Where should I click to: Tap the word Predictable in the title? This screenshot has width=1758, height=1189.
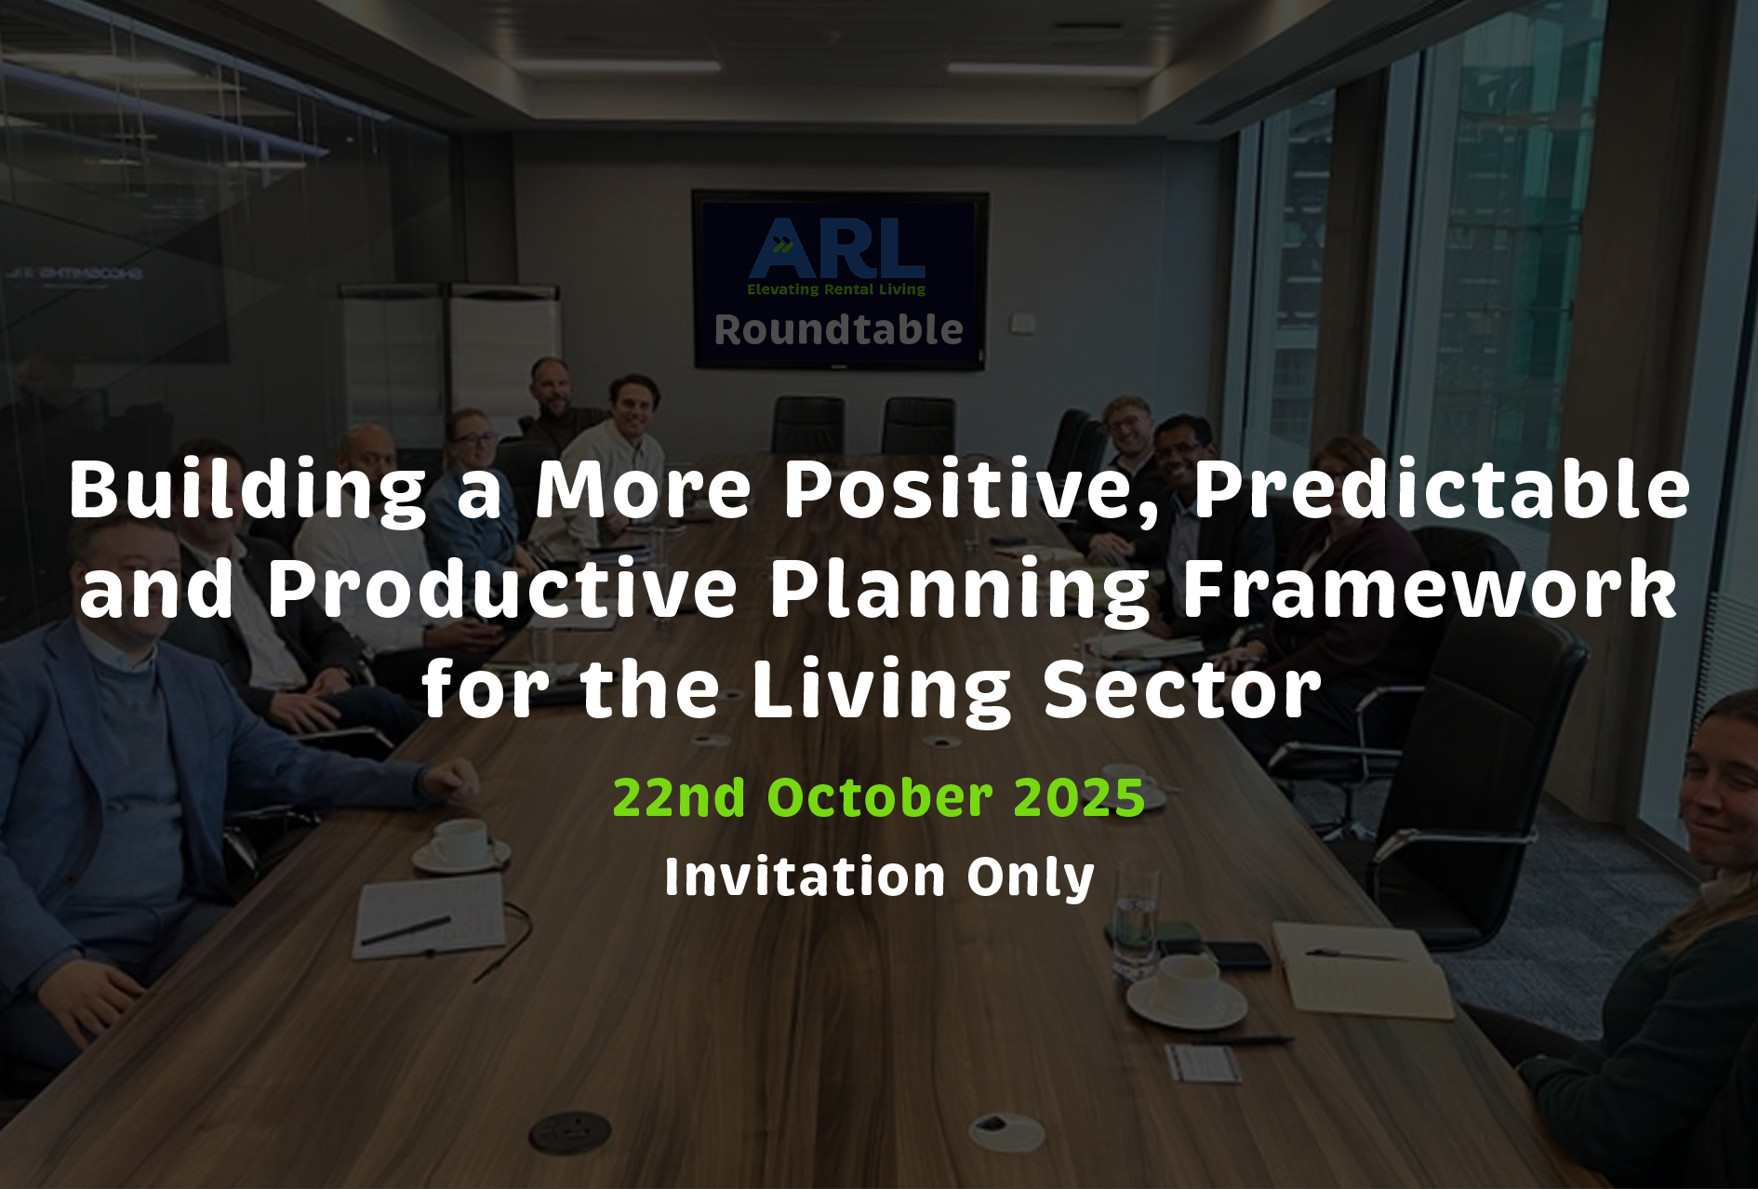pos(1442,488)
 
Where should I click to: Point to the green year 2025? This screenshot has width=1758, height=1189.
pos(1079,797)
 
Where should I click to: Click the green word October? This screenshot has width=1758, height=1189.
pos(880,797)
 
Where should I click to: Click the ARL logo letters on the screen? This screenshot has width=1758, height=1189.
pos(837,248)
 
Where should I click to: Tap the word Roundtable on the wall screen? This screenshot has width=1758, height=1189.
pos(838,330)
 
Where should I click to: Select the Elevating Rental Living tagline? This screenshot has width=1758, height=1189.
pos(836,289)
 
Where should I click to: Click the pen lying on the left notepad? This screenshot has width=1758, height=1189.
pos(406,930)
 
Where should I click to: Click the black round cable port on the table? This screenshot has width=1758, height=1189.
pos(569,1132)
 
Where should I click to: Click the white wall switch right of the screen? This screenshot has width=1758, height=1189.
pos(1023,323)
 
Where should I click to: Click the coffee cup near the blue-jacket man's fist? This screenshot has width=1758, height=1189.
pos(460,846)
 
